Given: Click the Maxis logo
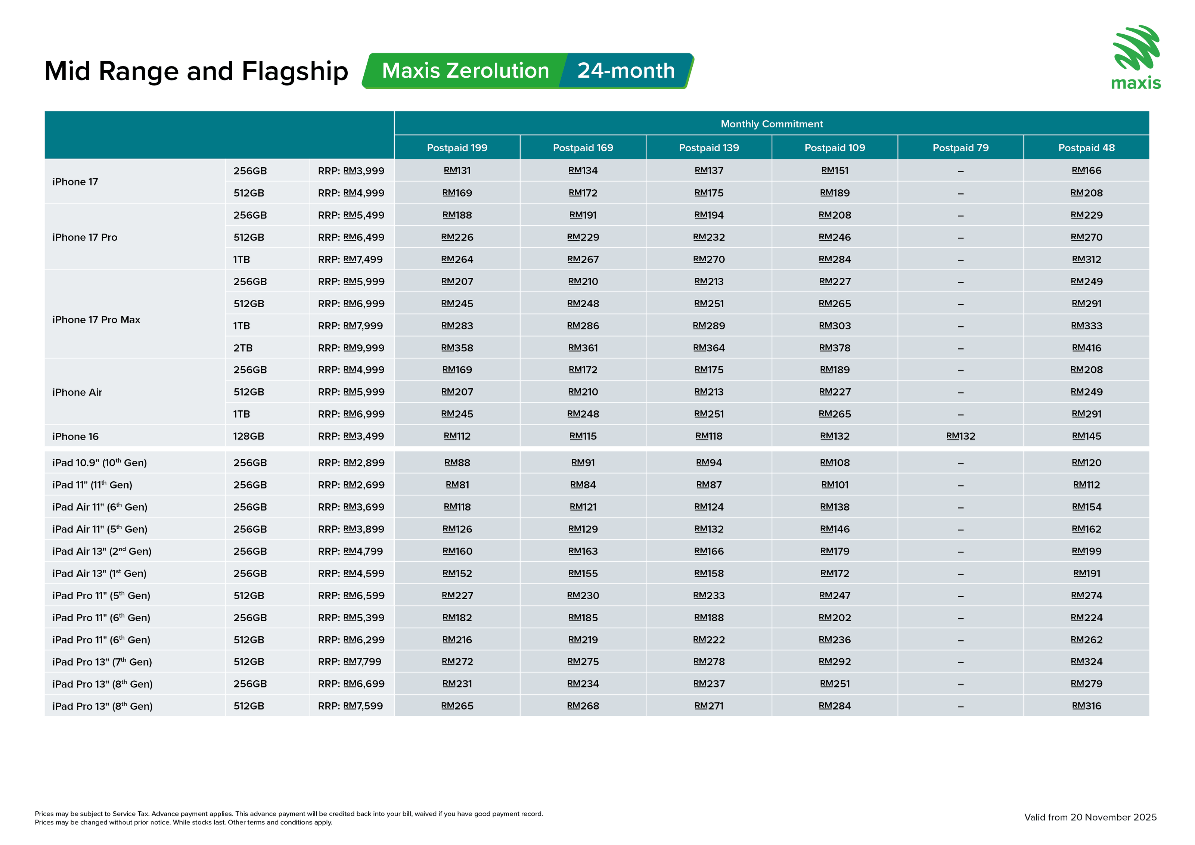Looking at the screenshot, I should pos(1136,57).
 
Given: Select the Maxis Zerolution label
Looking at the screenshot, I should pos(465,71).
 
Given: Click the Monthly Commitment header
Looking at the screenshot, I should pos(772,124).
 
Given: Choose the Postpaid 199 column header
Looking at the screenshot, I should pos(457,148).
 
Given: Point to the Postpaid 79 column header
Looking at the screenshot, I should pos(960,148).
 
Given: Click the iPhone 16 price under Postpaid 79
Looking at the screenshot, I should pos(960,436).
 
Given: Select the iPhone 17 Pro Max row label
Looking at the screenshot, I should pos(96,320).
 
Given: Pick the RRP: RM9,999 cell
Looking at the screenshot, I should pos(351,348).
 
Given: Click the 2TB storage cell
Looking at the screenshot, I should pos(242,348).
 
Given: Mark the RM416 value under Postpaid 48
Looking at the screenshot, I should pos(1086,348).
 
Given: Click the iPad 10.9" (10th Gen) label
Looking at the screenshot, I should pos(99,463).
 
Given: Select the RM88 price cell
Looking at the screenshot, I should pos(457,463).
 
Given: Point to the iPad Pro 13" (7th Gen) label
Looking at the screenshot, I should pos(102,662).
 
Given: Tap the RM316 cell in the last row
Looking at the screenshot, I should pos(1086,706).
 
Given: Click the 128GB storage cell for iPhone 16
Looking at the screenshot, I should pos(248,436).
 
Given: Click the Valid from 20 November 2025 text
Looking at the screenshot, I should pos(1090,817).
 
